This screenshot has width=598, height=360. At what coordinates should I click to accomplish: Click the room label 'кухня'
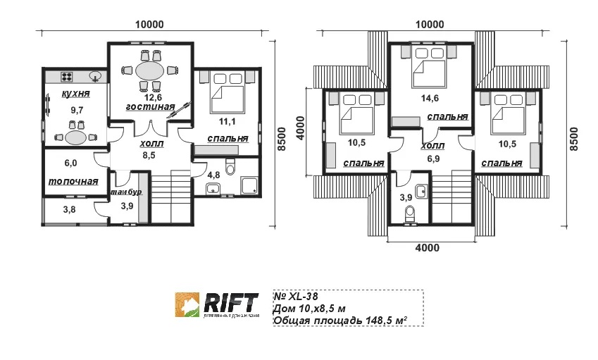tap(75, 94)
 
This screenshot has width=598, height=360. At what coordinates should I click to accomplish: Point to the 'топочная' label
tap(73, 181)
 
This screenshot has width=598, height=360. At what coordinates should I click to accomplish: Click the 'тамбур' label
tap(127, 192)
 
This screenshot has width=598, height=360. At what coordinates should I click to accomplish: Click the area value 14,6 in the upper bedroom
tap(429, 99)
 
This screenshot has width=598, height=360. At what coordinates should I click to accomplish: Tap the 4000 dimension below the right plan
tap(427, 247)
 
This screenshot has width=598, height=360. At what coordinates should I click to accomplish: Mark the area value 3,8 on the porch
tap(69, 209)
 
